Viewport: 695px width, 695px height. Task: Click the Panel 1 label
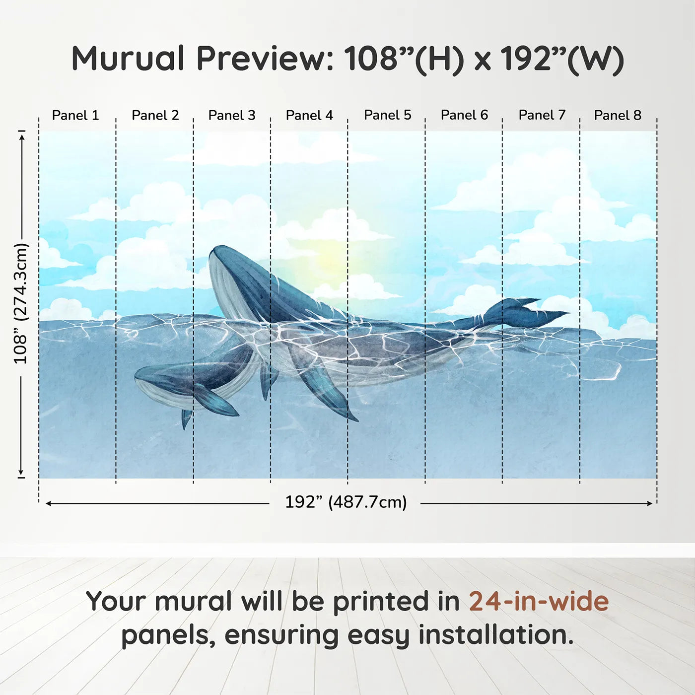pos(75,115)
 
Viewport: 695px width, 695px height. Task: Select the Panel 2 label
pos(155,115)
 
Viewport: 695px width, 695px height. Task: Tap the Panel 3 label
pos(232,115)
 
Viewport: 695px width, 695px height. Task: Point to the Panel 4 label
pos(309,115)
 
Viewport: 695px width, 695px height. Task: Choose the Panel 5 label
pos(387,115)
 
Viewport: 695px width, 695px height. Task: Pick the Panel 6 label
pos(464,115)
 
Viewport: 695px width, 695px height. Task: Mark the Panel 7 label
pos(542,115)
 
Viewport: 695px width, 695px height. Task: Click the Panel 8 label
pos(618,115)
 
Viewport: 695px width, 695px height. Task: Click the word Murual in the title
pos(128,59)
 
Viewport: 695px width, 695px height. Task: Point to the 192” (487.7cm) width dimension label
pos(346,502)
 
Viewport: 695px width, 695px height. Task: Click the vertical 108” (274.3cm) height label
pos(21,303)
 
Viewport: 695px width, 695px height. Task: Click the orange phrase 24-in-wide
pos(539,601)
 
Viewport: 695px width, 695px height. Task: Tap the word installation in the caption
pos(495,635)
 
